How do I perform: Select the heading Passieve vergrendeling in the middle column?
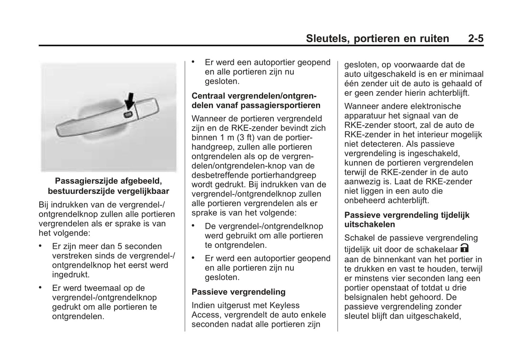pos(238,292)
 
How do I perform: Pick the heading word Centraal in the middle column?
pos(209,96)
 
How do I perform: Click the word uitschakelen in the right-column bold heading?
pos(370,224)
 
